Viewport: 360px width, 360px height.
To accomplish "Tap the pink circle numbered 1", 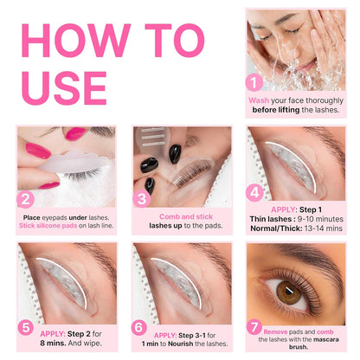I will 254,83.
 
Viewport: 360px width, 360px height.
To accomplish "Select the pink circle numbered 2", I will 27,198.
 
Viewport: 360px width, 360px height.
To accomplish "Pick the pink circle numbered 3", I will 143,198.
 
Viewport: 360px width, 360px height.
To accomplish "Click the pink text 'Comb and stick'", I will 183,216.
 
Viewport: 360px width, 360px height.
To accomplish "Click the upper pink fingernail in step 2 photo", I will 73,134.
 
